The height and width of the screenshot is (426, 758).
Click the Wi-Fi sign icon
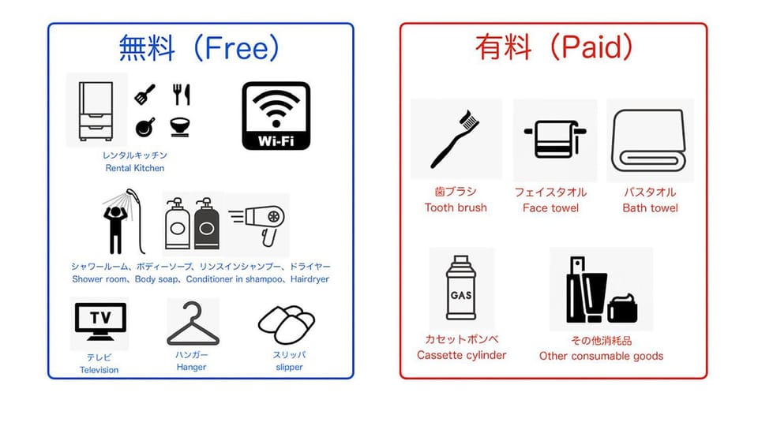276,116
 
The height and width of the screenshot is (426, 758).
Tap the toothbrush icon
455,139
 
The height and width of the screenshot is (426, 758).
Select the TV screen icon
100,322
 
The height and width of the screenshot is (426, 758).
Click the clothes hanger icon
193,323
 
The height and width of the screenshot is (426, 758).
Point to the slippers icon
287,323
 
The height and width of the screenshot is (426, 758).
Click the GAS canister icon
461,288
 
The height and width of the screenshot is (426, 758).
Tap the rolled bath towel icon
649,140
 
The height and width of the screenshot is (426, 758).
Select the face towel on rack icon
555,139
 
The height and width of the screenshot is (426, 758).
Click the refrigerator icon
96,111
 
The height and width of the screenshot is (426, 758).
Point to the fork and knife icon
182,95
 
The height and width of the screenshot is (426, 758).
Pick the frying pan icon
145,127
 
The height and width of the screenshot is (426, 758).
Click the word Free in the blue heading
236,48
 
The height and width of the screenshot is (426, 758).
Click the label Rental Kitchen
135,168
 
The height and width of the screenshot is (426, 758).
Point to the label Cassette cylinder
462,355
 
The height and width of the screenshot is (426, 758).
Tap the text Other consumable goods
602,356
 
